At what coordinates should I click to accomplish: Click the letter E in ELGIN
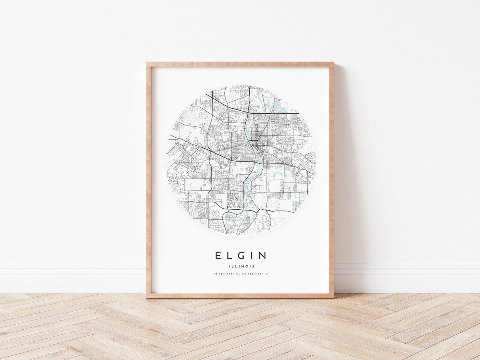pyautogui.click(x=218, y=256)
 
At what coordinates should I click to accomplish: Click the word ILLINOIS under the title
pyautogui.click(x=240, y=266)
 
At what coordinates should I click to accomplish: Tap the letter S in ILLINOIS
pyautogui.click(x=253, y=266)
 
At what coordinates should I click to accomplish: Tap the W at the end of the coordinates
pyautogui.click(x=267, y=274)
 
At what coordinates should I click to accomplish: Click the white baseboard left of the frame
pyautogui.click(x=72, y=278)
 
